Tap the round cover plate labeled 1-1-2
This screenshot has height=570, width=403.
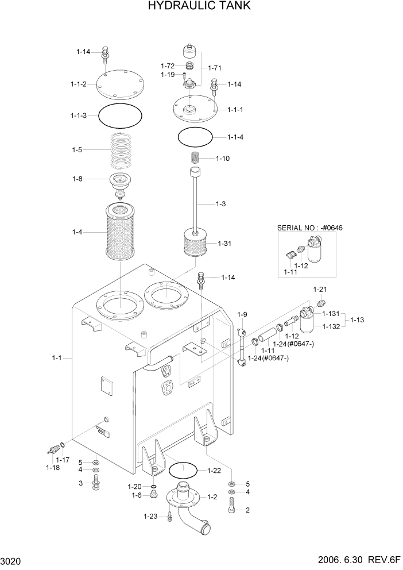(120, 85)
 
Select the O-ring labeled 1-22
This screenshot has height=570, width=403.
(183, 471)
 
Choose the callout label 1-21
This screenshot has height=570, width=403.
(319, 289)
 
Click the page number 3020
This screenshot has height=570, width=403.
(12, 560)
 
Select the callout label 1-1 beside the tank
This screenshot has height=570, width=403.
(56, 358)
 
